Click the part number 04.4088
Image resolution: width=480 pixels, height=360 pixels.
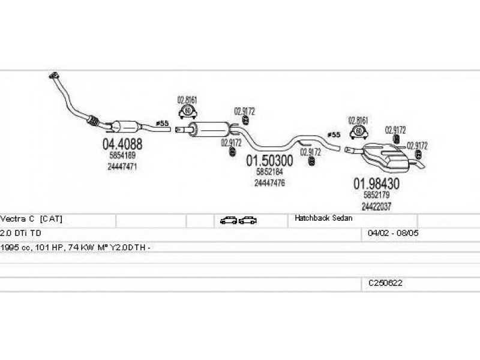coord(122,144)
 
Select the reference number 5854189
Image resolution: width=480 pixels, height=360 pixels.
coord(122,156)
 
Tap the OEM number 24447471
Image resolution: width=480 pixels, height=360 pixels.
coord(122,166)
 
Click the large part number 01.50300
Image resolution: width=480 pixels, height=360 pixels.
coord(270,161)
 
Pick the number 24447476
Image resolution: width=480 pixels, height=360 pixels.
coord(269,183)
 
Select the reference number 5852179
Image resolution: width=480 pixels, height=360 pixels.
coord(377,196)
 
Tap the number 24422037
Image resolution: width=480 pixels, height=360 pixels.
coord(377,206)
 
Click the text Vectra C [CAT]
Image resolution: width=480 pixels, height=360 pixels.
coord(32,220)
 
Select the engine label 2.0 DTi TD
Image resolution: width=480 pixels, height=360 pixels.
coord(21,233)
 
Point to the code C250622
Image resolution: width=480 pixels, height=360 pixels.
coord(385,283)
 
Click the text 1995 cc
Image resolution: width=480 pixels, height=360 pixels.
coord(15,247)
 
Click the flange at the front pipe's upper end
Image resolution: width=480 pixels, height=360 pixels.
coord(53,76)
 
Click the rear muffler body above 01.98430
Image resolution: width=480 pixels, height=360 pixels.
coord(387,155)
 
